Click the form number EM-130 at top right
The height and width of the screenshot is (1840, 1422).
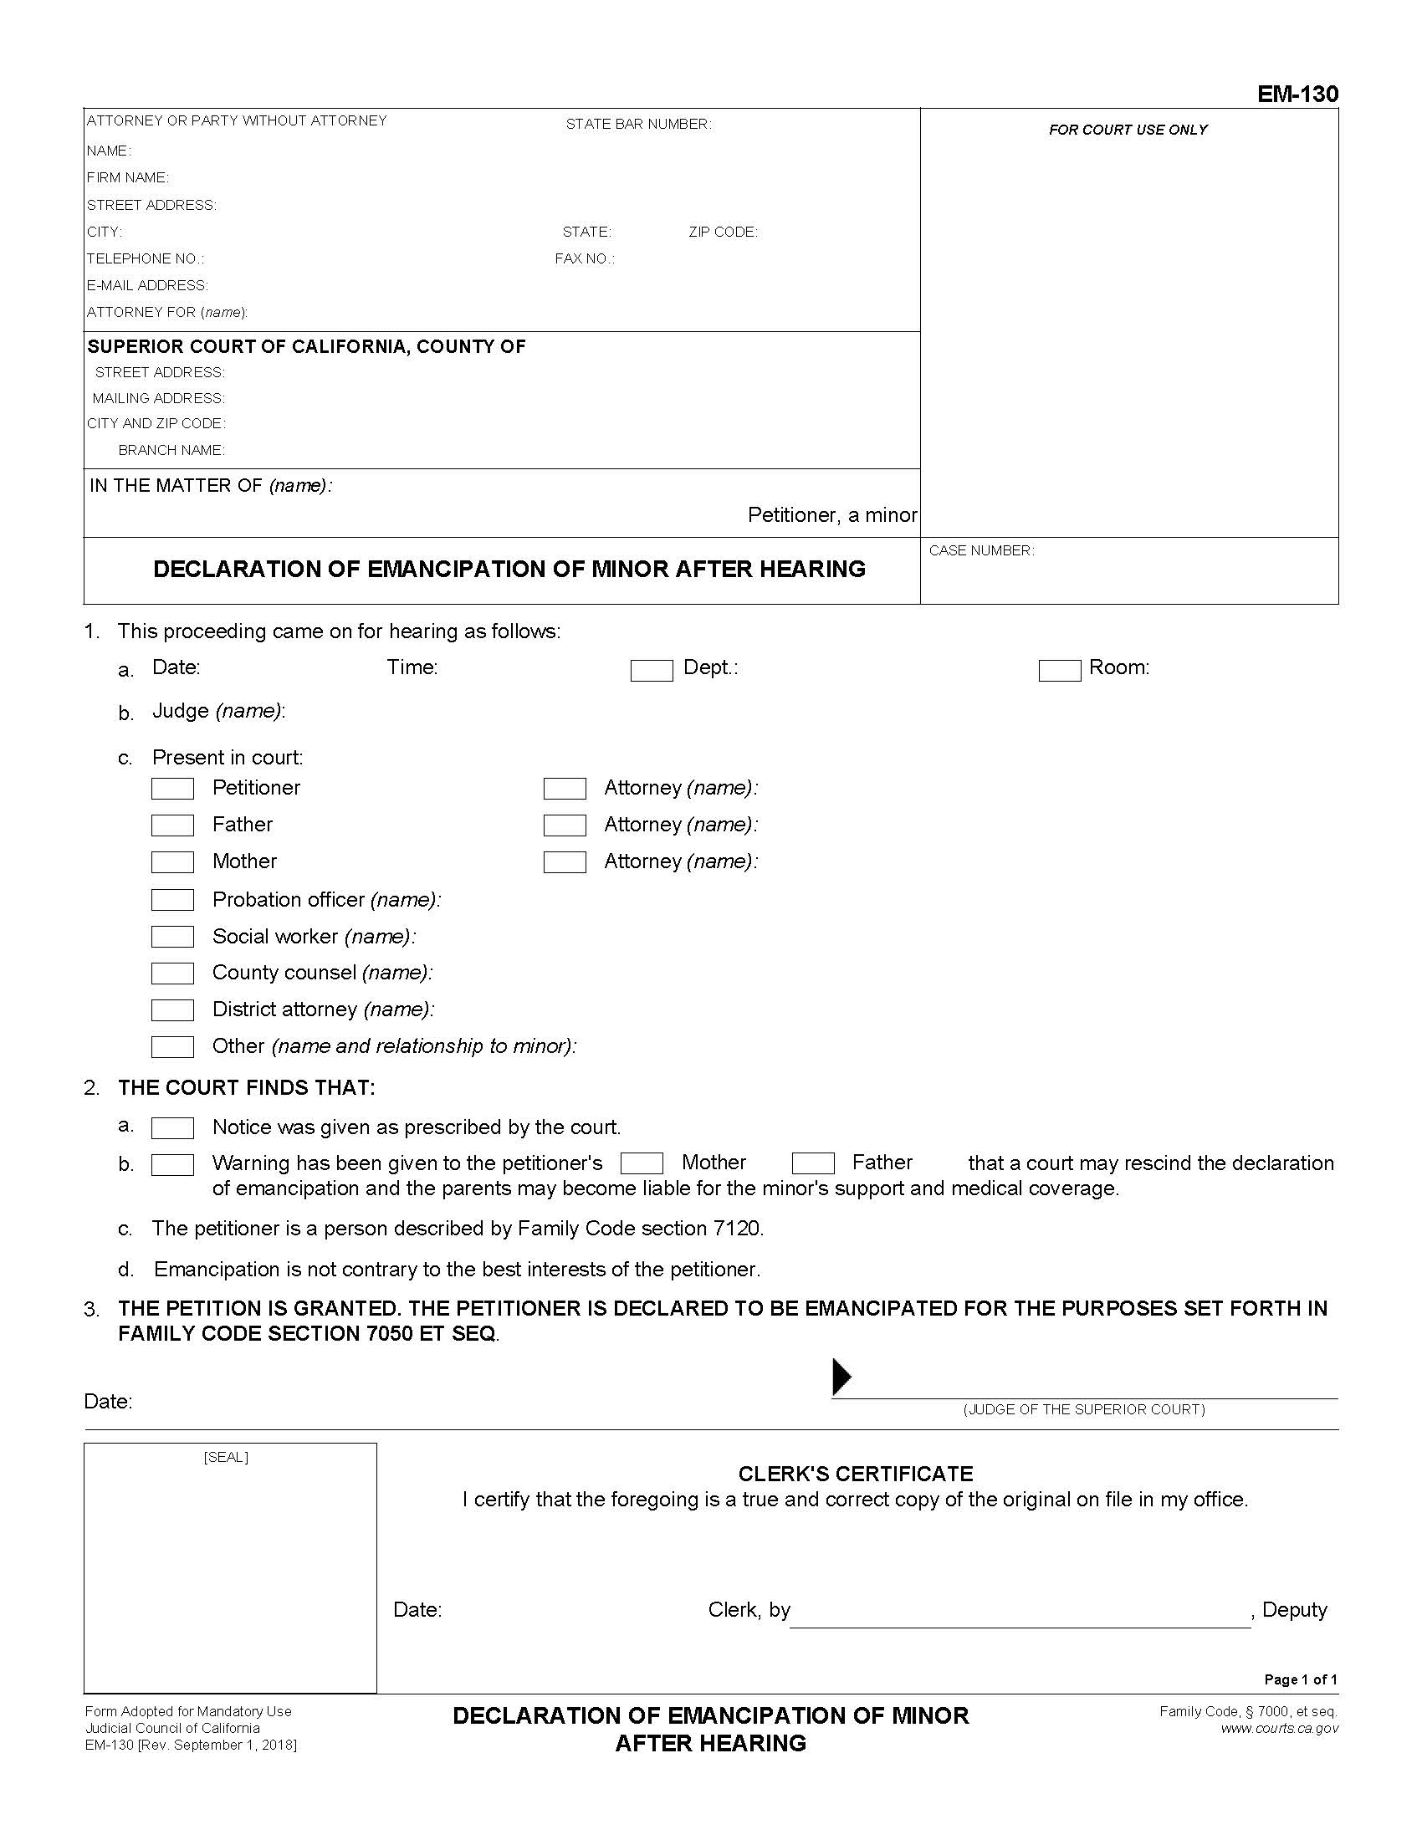(x=1297, y=94)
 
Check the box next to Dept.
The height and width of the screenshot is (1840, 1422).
(x=651, y=671)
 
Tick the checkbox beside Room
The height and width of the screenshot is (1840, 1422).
(x=1059, y=671)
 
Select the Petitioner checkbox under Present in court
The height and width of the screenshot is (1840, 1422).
(x=172, y=789)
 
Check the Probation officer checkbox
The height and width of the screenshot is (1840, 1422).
(x=172, y=900)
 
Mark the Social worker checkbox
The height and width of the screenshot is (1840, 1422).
(x=172, y=937)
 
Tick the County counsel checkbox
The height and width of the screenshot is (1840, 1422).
(x=172, y=973)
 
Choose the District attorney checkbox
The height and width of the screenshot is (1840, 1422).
(x=172, y=1010)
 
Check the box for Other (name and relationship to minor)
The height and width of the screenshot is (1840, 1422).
(x=172, y=1046)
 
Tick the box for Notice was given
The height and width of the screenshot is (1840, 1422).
(x=172, y=1128)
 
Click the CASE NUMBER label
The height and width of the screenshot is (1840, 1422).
(x=981, y=551)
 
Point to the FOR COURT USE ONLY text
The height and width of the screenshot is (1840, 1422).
(x=1128, y=130)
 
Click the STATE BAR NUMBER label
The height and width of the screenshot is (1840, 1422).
(x=637, y=125)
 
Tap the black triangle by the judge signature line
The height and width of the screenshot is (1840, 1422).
(x=841, y=1377)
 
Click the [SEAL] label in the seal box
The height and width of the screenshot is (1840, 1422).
(x=226, y=1458)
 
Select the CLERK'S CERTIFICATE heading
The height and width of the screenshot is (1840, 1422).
(x=855, y=1474)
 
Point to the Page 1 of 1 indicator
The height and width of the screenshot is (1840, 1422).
(x=1300, y=1679)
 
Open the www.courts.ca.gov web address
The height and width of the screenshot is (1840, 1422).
(x=1279, y=1728)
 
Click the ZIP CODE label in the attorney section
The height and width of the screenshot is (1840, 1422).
(x=723, y=233)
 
